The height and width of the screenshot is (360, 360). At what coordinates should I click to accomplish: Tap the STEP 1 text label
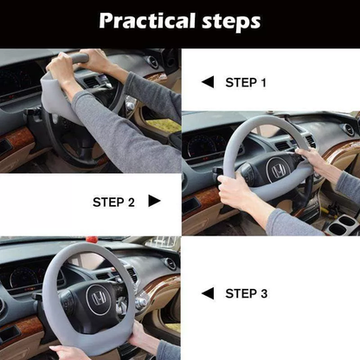[x=247, y=82]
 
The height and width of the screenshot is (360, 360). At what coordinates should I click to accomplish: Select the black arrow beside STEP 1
[x=207, y=82]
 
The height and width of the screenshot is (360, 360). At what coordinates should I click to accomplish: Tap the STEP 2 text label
[x=113, y=202]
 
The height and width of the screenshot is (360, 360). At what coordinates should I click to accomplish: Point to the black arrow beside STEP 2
[x=154, y=201]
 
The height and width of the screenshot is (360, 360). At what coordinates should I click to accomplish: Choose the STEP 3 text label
[x=247, y=293]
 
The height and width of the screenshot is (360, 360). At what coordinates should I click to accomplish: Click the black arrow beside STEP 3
[x=207, y=293]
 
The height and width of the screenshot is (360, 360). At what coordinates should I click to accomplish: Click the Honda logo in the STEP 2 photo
[x=280, y=169]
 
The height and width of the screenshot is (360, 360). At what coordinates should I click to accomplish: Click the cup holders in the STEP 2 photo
[x=342, y=227]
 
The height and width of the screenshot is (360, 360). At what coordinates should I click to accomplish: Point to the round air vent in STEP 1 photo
[x=153, y=62]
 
